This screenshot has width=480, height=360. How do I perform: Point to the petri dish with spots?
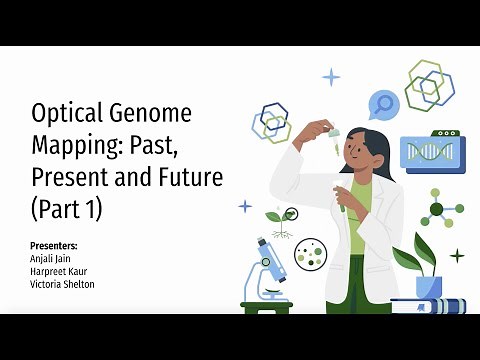click(311, 255)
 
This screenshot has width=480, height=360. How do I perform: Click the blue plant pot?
click(428, 286)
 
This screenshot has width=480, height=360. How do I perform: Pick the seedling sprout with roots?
click(281, 220)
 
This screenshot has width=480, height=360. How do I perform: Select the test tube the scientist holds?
click(341, 205)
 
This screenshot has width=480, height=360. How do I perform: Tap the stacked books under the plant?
click(424, 305)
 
